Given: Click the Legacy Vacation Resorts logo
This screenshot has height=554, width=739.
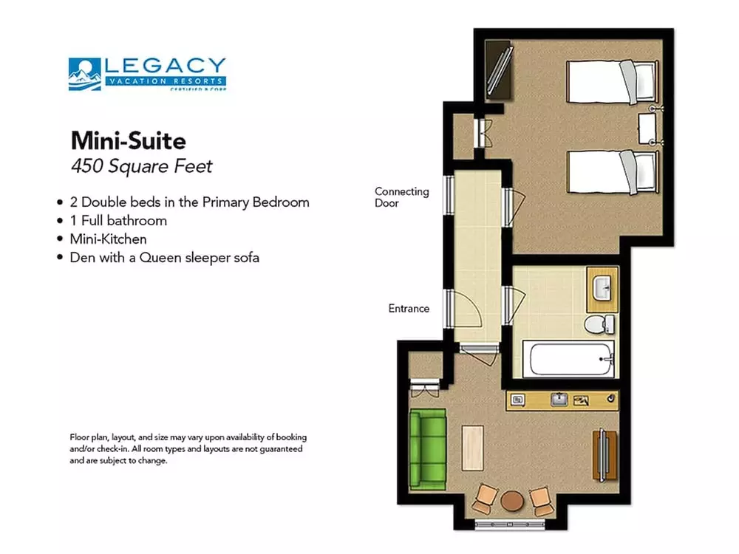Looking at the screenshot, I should pos(147,74).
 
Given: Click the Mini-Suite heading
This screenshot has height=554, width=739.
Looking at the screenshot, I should pos(128,140).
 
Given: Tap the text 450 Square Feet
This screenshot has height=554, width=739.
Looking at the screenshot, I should pos(141,165).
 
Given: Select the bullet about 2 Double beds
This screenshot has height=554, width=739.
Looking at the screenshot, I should pos(189,202).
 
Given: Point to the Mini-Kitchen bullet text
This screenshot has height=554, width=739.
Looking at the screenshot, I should pos(108,239).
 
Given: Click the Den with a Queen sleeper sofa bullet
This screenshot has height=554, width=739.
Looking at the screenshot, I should pos(164,258).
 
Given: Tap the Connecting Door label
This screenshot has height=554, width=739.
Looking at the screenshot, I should pos(401,196).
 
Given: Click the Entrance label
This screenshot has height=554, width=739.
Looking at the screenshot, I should pos(409,308).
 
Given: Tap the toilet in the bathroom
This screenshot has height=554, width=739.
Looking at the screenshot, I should pos(599,324).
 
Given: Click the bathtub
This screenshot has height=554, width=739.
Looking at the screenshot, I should pos(568,359).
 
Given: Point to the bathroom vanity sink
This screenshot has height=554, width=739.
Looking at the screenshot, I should pos(602,287).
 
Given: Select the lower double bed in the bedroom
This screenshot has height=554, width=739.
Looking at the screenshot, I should pos(610,169).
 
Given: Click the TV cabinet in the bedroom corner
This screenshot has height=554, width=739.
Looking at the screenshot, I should pos(497,69).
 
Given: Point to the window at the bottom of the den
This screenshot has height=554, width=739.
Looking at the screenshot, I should pos(511,526).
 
